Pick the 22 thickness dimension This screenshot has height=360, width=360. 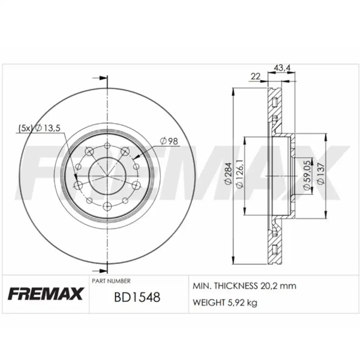(x=256, y=76)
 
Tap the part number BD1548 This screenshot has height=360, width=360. (x=137, y=297)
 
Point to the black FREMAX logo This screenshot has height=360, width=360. (x=45, y=293)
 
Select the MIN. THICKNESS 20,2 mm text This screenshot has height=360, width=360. (x=245, y=286)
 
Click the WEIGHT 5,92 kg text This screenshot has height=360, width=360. (x=225, y=303)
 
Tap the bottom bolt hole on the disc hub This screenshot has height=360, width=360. (x=107, y=206)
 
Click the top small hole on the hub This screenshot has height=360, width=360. (x=107, y=146)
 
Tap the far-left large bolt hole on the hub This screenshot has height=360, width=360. (x=78, y=185)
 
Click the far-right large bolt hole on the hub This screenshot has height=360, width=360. (x=136, y=185)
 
